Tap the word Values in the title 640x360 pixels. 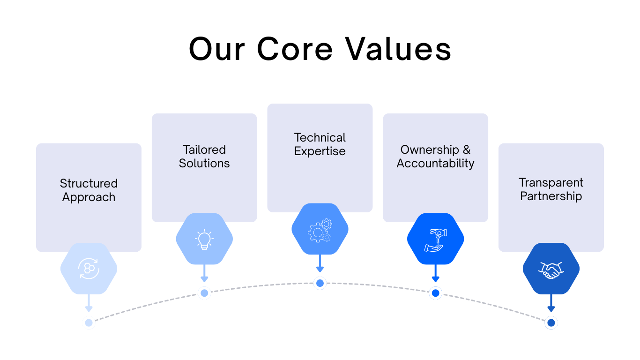[398, 49]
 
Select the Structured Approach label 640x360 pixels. [89, 190]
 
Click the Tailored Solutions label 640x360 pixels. [204, 157]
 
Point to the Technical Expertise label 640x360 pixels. [320, 144]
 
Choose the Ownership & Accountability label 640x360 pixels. [435, 157]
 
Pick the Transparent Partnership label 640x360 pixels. [551, 189]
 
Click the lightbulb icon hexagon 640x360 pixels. [204, 239]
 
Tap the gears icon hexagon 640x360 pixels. [320, 229]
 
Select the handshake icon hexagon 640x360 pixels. [551, 269]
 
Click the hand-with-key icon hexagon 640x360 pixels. [435, 239]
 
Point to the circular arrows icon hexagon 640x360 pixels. [89, 269]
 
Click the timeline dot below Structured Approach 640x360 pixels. [89, 322]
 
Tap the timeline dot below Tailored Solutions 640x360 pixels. [204, 293]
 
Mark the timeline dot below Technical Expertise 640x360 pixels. [320, 283]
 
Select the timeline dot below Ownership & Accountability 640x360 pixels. [435, 293]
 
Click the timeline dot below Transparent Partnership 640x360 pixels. [551, 322]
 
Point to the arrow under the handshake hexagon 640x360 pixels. [551, 303]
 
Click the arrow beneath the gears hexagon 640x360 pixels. [320, 263]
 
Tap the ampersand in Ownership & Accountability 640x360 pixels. [466, 150]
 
